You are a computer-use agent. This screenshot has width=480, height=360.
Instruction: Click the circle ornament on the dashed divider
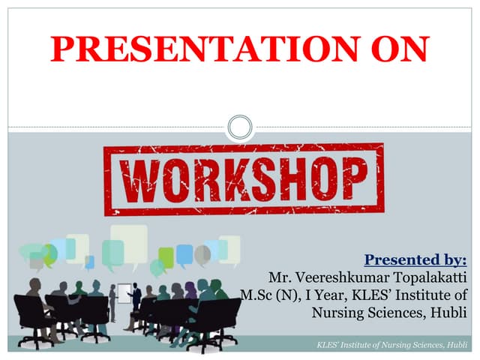240,127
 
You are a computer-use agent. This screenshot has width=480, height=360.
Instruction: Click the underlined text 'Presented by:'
415,261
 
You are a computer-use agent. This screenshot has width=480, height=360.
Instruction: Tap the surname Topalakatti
429,278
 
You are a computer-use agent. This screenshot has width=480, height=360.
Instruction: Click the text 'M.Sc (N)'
263,295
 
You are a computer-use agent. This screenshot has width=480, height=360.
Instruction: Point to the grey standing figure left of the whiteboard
112,301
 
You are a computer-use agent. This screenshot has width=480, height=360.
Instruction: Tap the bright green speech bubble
166,257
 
